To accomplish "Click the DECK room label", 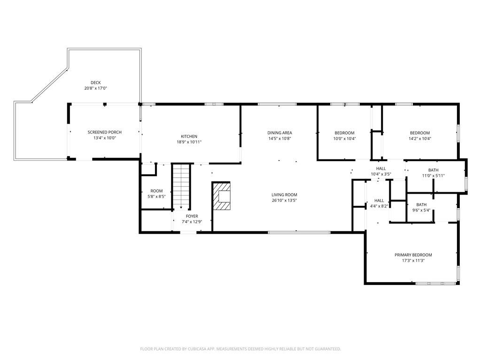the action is pyautogui.click(x=96, y=83).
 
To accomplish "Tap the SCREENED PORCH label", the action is pyautogui.click(x=105, y=132).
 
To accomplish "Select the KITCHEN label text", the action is pyautogui.click(x=189, y=136).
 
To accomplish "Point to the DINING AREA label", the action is pyautogui.click(x=279, y=133).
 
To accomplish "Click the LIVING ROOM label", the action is pyautogui.click(x=284, y=195).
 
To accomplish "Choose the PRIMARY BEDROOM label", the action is pyautogui.click(x=413, y=255).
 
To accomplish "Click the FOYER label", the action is pyautogui.click(x=192, y=216).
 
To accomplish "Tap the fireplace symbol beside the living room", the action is pyautogui.click(x=221, y=196).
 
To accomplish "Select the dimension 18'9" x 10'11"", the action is pyautogui.click(x=189, y=142).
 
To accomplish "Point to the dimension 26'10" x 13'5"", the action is pyautogui.click(x=284, y=200).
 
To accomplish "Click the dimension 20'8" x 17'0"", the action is pyautogui.click(x=96, y=88).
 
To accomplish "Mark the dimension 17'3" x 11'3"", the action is pyautogui.click(x=413, y=260).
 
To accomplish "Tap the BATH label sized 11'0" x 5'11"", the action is pyautogui.click(x=434, y=170).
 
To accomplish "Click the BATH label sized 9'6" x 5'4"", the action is pyautogui.click(x=421, y=205).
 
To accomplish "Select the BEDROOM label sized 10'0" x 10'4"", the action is pyautogui.click(x=344, y=133).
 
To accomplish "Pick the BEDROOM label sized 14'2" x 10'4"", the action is pyautogui.click(x=420, y=133).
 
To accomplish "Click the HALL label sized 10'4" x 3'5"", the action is pyautogui.click(x=381, y=169).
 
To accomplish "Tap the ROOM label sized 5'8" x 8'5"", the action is pyautogui.click(x=156, y=191).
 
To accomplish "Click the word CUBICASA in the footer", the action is pyautogui.click(x=201, y=349).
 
